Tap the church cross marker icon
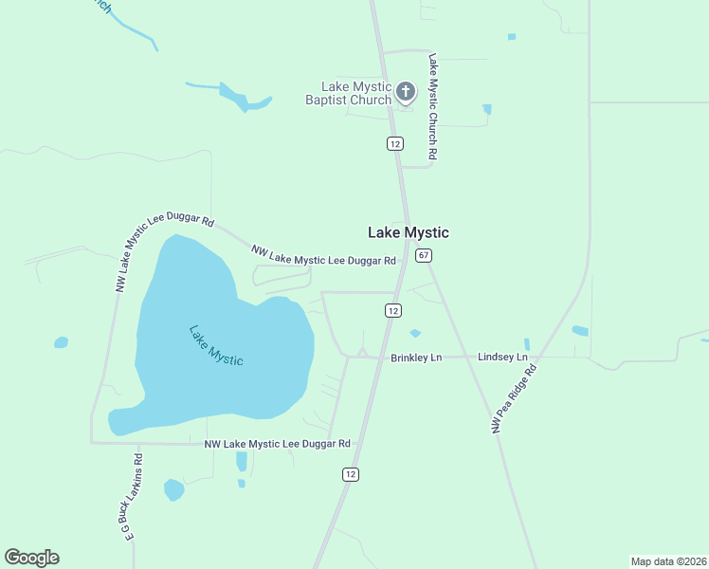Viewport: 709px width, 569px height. [x=406, y=92]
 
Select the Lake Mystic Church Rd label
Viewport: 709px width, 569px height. [x=432, y=105]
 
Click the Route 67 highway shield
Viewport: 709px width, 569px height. [x=424, y=255]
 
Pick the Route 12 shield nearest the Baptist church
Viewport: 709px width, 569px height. [x=395, y=143]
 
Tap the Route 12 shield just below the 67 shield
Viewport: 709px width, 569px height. [x=392, y=310]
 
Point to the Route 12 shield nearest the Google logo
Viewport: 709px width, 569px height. [x=351, y=473]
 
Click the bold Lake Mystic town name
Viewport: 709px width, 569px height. [x=409, y=232]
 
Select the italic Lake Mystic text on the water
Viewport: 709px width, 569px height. [x=216, y=346]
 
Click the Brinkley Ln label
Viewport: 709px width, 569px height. [x=417, y=358]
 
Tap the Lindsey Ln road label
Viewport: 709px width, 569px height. [x=502, y=357]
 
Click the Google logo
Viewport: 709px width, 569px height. [x=31, y=558]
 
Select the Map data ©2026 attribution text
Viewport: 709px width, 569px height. [x=667, y=560]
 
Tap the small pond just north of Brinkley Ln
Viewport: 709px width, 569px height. [x=414, y=333]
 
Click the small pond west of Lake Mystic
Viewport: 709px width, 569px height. [x=61, y=341]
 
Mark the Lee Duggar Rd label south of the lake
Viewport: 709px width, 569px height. [x=278, y=444]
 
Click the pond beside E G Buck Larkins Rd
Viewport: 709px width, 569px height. [x=173, y=489]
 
